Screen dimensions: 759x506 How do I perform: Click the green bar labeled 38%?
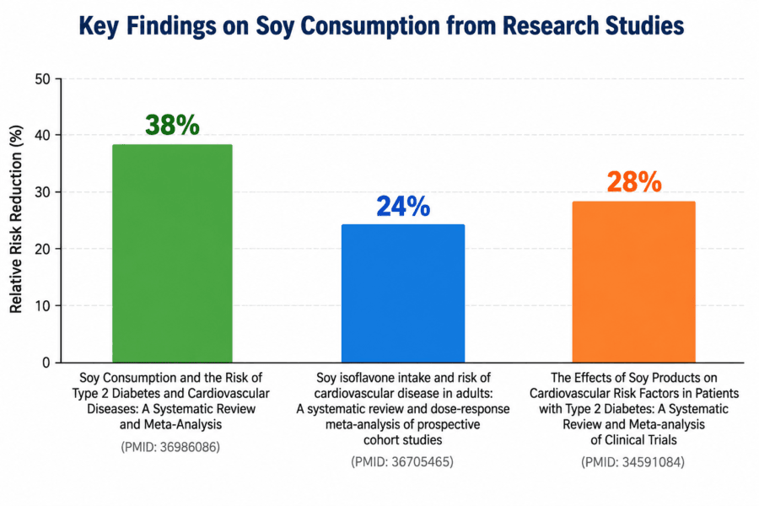172,253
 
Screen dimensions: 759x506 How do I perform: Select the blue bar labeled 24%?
403,293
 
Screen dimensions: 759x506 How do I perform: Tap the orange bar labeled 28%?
633,282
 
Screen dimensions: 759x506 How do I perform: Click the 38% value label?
172,125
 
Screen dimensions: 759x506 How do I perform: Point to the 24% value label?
403,207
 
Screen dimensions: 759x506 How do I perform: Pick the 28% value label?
634,182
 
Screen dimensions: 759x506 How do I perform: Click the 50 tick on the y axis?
43,79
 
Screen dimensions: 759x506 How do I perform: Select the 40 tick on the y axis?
43,135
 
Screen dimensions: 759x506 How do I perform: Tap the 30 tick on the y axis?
43,192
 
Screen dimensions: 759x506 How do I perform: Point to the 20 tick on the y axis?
43,249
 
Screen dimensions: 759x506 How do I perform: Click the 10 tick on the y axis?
43,305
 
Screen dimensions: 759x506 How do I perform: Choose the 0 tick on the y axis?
46,363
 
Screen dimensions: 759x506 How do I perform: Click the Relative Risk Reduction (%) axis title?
16,219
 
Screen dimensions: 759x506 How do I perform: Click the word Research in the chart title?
547,25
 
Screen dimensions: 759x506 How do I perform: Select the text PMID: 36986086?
170,447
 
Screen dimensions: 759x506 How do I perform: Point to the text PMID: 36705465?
402,462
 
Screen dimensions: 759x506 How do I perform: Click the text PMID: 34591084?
633,462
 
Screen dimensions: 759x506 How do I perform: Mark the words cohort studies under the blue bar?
403,440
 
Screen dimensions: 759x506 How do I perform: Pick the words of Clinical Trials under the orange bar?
633,440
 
